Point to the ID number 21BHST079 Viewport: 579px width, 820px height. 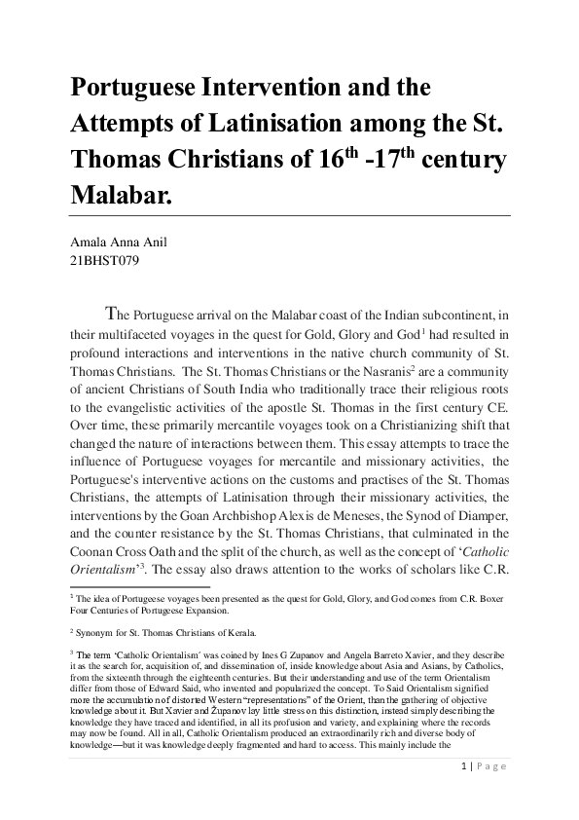103,262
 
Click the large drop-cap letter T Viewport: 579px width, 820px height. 113,314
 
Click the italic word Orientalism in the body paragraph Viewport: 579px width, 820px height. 102,572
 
